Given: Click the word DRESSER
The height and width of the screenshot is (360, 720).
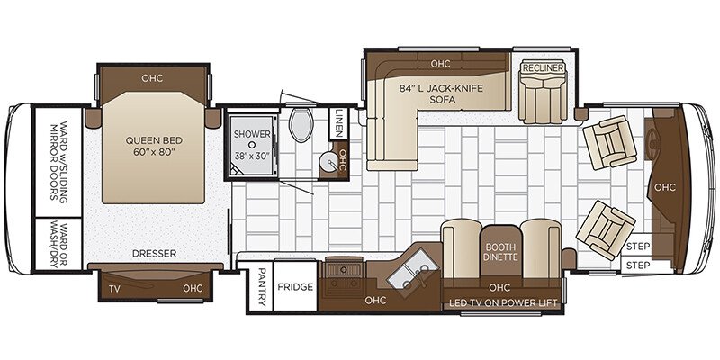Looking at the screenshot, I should [x=153, y=254].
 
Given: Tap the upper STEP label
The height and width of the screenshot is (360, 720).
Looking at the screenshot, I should [x=637, y=246].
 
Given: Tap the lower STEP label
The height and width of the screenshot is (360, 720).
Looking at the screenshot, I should [x=637, y=265].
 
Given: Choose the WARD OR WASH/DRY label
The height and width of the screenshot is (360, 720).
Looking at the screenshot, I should [x=58, y=244].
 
